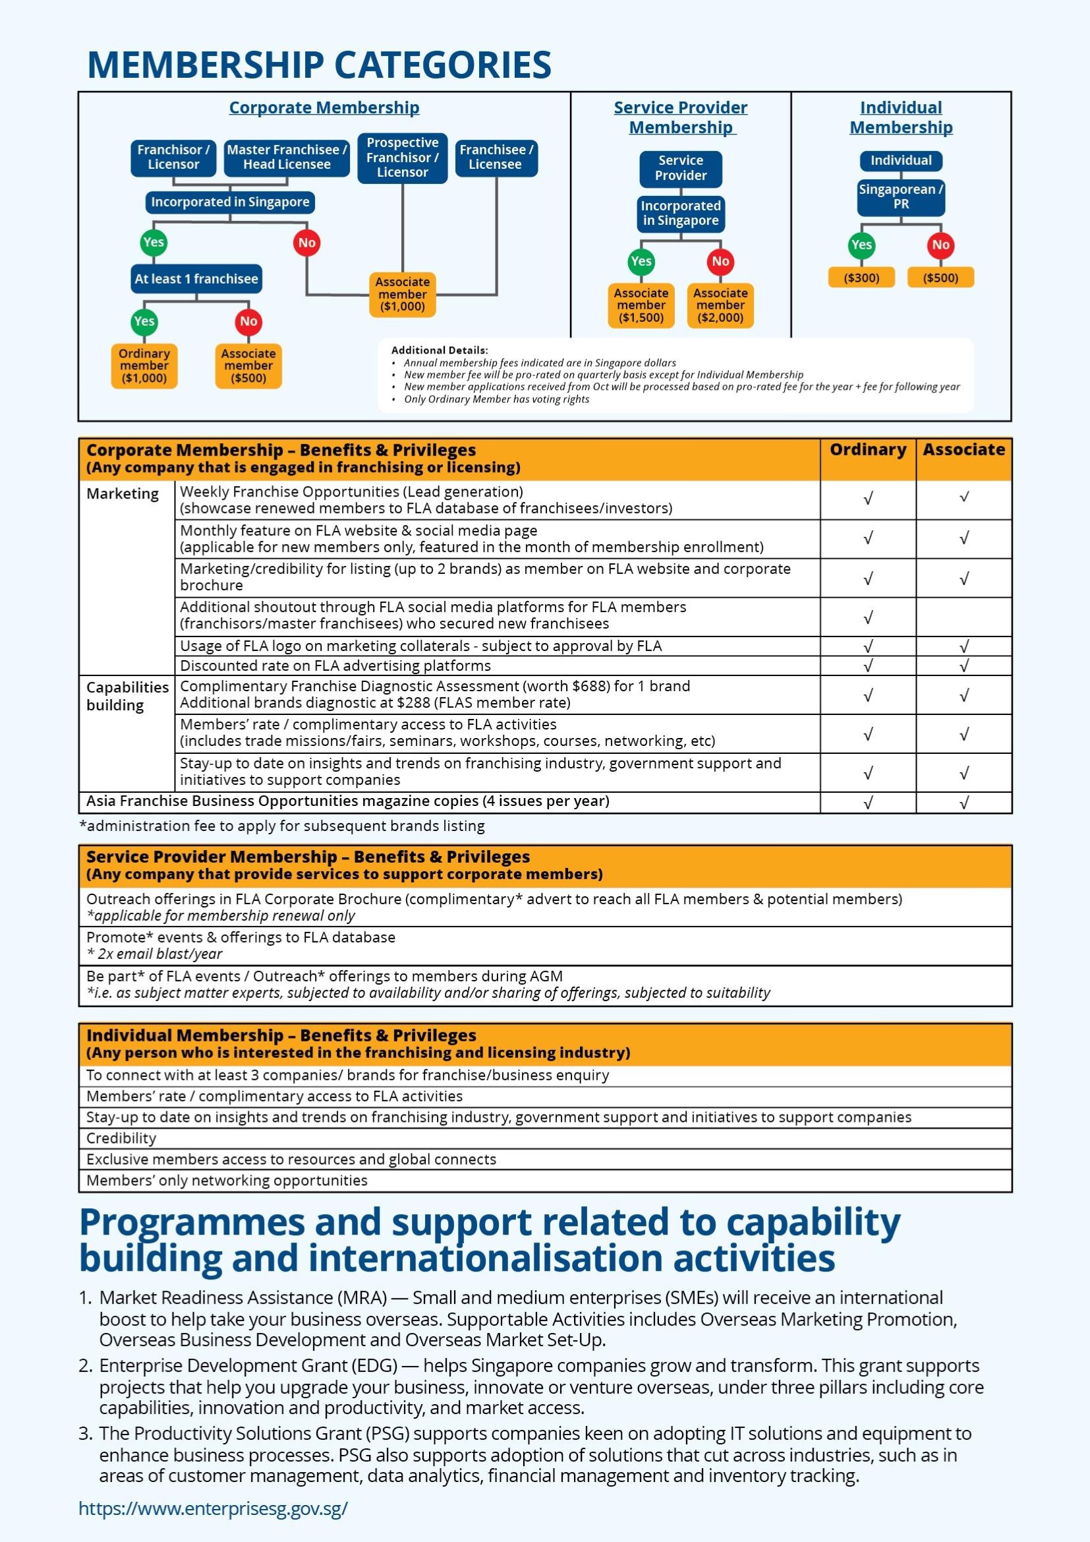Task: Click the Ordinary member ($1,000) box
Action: point(144,366)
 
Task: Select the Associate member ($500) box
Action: point(248,366)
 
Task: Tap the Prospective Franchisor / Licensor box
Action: point(403,158)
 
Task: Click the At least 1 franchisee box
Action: point(196,279)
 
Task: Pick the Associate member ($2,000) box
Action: point(721,305)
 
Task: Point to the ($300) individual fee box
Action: point(862,278)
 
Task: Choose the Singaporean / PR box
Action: point(902,197)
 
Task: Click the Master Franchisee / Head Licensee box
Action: point(287,158)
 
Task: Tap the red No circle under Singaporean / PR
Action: point(941,245)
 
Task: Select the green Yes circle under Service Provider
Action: point(642,262)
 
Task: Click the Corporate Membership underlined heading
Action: point(324,108)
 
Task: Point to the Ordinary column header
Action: point(869,450)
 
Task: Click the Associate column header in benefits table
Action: point(965,450)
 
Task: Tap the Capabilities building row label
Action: point(128,696)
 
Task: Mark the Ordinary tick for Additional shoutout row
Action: point(869,617)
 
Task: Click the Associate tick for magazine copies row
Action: point(965,803)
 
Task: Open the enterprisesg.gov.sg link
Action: point(214,1508)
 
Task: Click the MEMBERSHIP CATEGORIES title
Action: point(320,65)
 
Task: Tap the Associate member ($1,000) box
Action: point(403,294)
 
